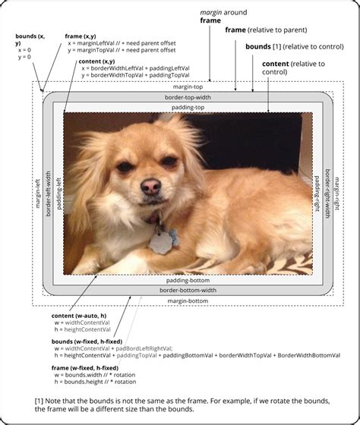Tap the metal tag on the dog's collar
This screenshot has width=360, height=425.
click(159, 242)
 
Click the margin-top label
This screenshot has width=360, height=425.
click(187, 87)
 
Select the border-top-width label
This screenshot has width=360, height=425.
click(187, 97)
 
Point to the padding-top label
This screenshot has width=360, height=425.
click(187, 108)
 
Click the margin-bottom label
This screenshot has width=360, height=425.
click(187, 301)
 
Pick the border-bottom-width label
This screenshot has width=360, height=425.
click(187, 291)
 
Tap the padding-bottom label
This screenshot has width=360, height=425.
click(187, 280)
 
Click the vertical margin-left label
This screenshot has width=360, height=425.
click(37, 194)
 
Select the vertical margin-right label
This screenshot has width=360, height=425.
click(337, 194)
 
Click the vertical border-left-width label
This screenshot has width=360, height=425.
click(48, 194)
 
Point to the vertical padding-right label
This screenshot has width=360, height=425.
click(317, 194)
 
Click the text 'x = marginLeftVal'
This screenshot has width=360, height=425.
click(97, 43)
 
